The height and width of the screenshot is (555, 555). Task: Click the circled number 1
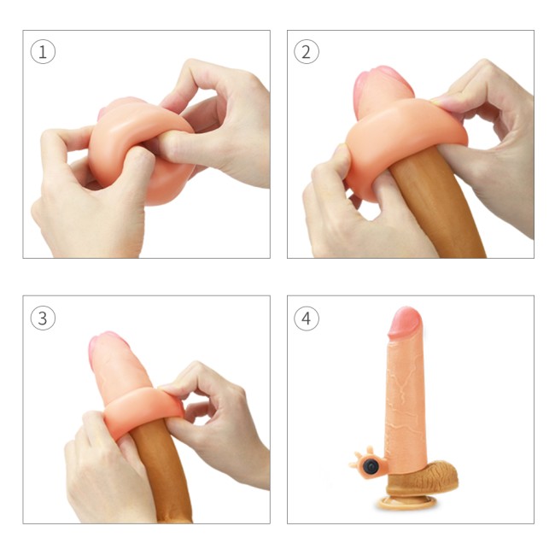(x=43, y=52)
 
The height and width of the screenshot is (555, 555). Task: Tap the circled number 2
(x=307, y=52)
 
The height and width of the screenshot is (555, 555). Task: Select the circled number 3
(x=43, y=318)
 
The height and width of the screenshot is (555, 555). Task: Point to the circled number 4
(x=307, y=318)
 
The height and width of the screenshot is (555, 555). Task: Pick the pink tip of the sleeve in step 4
(x=406, y=322)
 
